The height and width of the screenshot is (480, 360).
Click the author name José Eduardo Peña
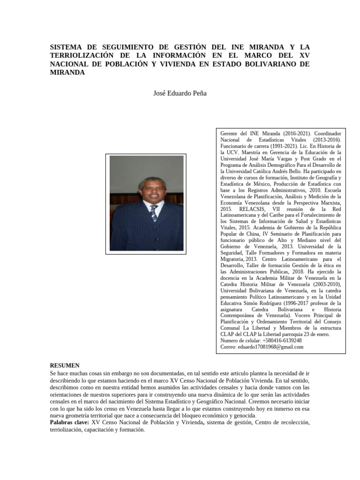(180, 93)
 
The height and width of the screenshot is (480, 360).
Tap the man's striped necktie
(154, 213)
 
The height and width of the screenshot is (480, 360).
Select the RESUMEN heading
(65, 366)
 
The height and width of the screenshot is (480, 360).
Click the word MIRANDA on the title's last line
(67, 73)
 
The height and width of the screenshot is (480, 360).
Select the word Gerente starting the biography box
(230, 134)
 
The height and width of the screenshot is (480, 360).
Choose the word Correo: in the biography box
(228, 347)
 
